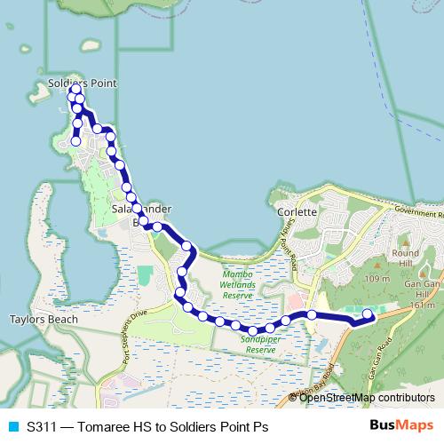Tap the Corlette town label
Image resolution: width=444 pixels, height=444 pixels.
tap(297, 212)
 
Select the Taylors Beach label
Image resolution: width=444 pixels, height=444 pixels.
tap(44, 319)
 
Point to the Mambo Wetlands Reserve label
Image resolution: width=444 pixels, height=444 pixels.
tap(238, 285)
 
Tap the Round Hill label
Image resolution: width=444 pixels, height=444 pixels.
tap(405, 257)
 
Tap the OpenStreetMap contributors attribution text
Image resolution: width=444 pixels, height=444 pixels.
tap(366, 398)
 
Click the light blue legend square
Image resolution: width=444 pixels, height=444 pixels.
tap(13, 426)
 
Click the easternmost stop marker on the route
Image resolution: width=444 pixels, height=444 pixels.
tap(368, 313)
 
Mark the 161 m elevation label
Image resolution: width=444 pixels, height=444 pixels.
tap(422, 305)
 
